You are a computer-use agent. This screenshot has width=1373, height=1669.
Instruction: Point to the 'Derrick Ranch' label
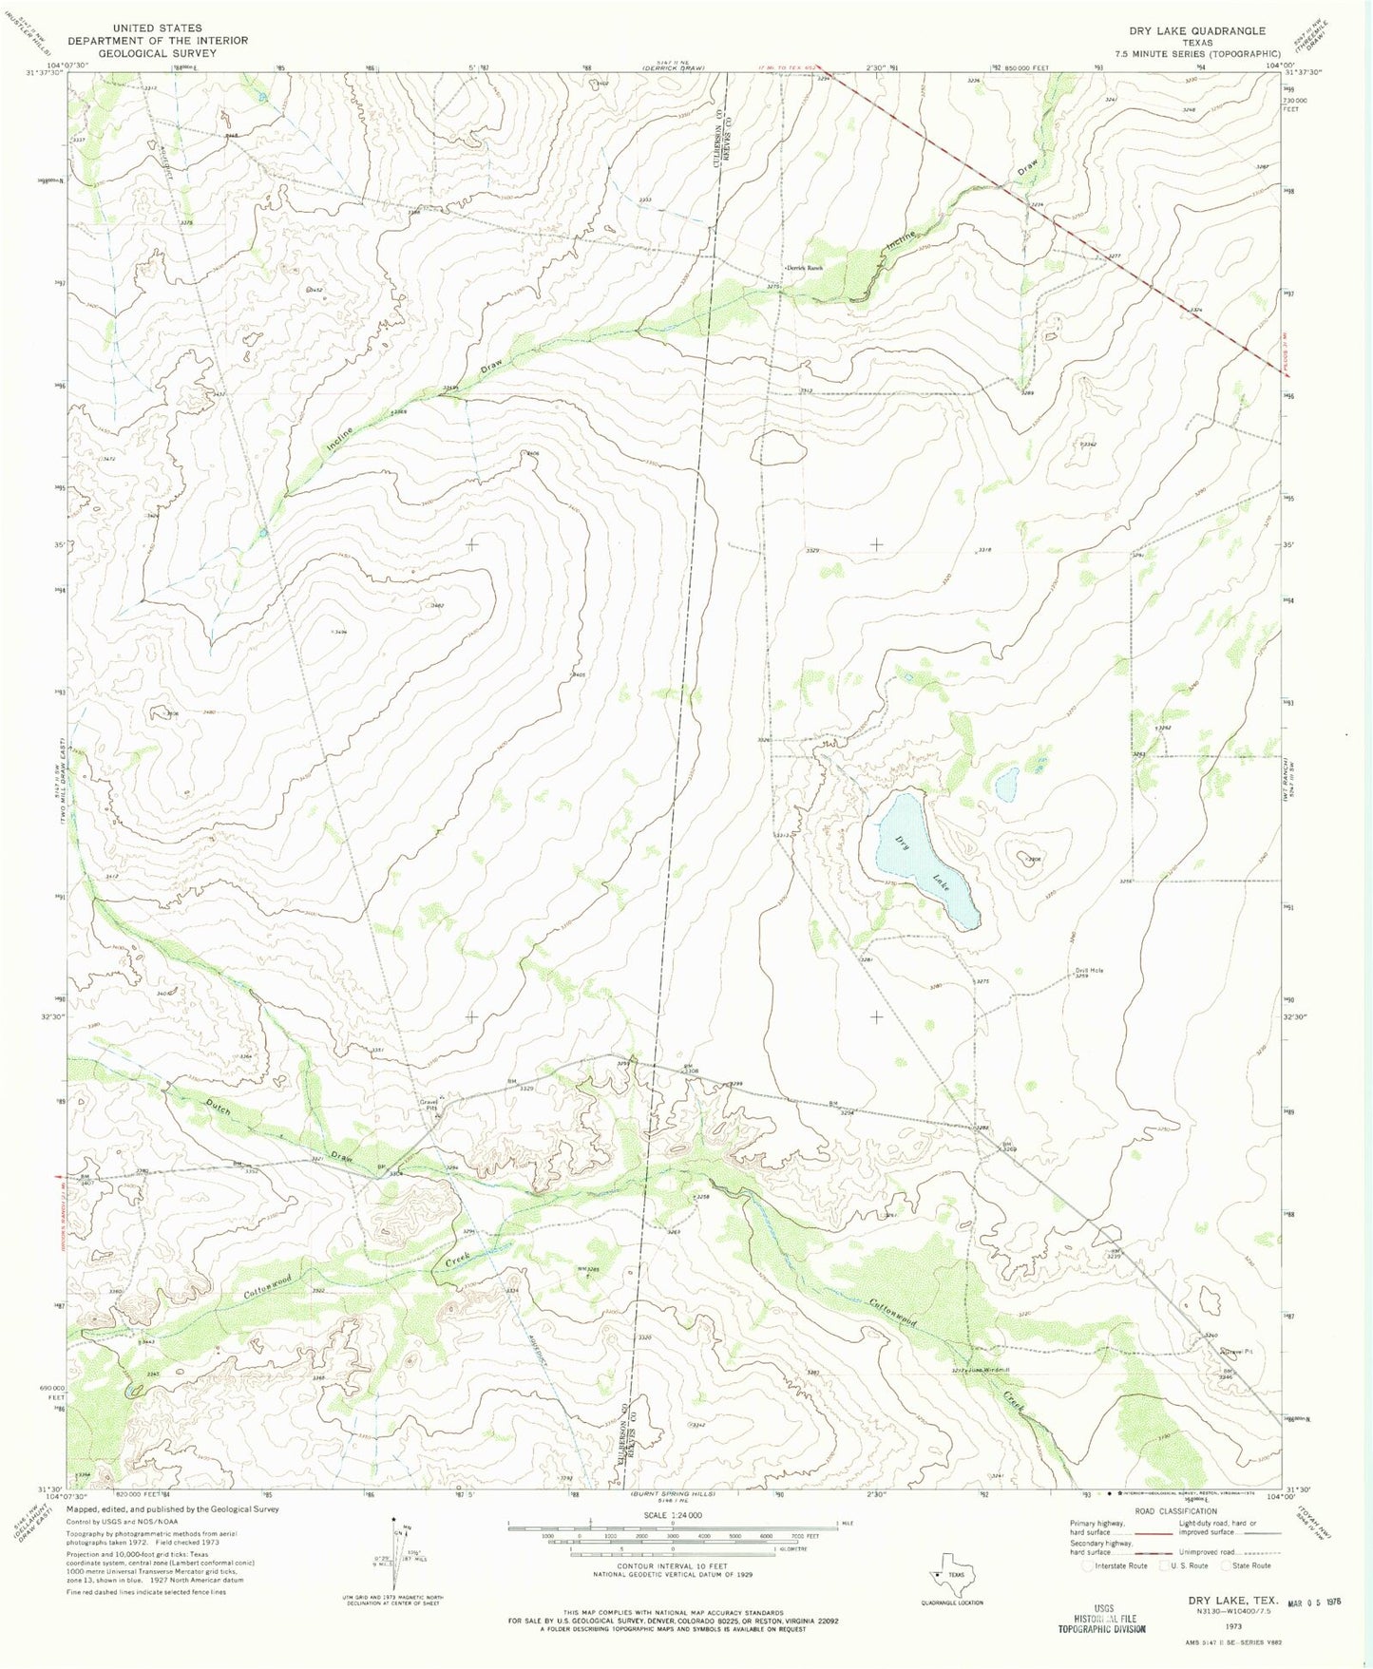[x=803, y=268]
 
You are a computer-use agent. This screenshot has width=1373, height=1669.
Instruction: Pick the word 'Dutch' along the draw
[x=219, y=1107]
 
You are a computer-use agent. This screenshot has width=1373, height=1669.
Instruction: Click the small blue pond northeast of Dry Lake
[x=1006, y=785]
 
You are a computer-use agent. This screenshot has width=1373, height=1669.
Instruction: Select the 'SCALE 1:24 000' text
[x=672, y=1515]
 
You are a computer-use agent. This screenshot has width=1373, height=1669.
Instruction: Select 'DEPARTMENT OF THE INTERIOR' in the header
[x=157, y=41]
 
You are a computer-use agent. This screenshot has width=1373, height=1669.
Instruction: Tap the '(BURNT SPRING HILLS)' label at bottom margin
[x=673, y=1493]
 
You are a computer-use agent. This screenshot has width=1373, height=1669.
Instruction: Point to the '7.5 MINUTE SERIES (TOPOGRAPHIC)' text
[x=1197, y=54]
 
